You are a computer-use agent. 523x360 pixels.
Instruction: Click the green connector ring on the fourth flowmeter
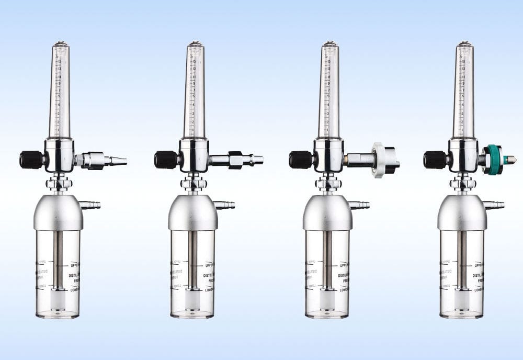(x=492, y=160)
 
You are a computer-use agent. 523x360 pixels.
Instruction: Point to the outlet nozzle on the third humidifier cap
(x=362, y=205)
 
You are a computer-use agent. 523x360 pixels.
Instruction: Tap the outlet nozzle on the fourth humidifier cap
(x=496, y=205)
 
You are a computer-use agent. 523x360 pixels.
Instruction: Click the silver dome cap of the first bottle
(x=58, y=212)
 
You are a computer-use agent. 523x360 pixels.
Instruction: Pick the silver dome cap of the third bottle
(x=327, y=212)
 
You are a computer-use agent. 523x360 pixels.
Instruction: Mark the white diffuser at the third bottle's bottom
(x=327, y=300)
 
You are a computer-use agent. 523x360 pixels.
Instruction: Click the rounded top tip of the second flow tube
(x=195, y=43)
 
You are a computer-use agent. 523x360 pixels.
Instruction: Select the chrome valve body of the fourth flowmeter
(x=464, y=155)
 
